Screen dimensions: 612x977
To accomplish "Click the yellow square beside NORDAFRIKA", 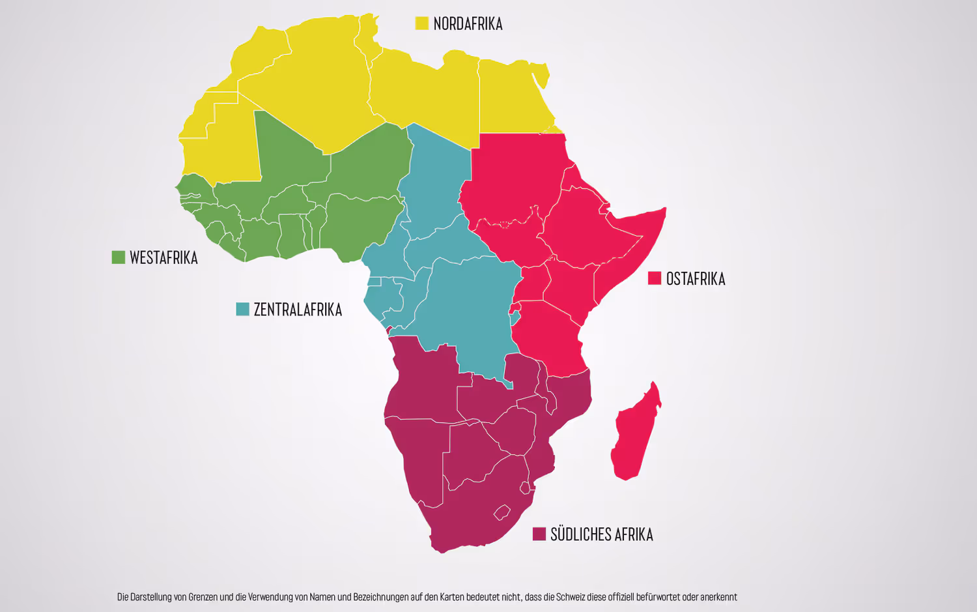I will (x=421, y=23).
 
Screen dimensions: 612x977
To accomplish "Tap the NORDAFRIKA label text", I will (x=468, y=24).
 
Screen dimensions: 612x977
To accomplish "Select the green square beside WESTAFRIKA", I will (x=118, y=257).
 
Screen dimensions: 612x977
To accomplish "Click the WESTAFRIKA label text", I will (x=163, y=258).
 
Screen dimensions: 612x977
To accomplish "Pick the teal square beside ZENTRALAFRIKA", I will (x=242, y=309).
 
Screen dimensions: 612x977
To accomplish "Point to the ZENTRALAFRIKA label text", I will (x=298, y=310).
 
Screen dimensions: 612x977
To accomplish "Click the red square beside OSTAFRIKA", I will (x=655, y=278).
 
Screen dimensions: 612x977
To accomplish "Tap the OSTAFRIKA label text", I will (x=695, y=279).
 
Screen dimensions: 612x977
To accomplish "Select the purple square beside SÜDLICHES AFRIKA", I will (x=539, y=534).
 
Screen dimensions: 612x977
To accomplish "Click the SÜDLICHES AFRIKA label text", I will (x=601, y=534).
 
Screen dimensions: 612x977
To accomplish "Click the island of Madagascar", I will (x=634, y=437).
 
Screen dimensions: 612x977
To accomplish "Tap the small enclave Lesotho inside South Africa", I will (x=502, y=513).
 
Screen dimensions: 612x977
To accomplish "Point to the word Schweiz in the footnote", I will (x=571, y=597).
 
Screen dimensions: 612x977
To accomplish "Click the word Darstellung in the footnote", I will (x=150, y=597).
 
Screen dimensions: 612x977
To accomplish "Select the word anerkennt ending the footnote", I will (x=718, y=597).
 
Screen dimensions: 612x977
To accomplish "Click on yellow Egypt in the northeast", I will (x=511, y=98).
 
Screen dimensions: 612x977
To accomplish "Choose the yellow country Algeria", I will (x=313, y=91).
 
